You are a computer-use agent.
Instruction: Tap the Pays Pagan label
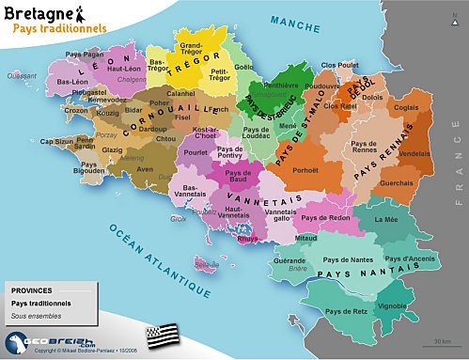pyautogui.click(x=86, y=55)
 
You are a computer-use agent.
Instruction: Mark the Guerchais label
pyautogui.click(x=395, y=182)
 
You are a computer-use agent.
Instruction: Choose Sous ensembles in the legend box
pyautogui.click(x=33, y=317)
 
